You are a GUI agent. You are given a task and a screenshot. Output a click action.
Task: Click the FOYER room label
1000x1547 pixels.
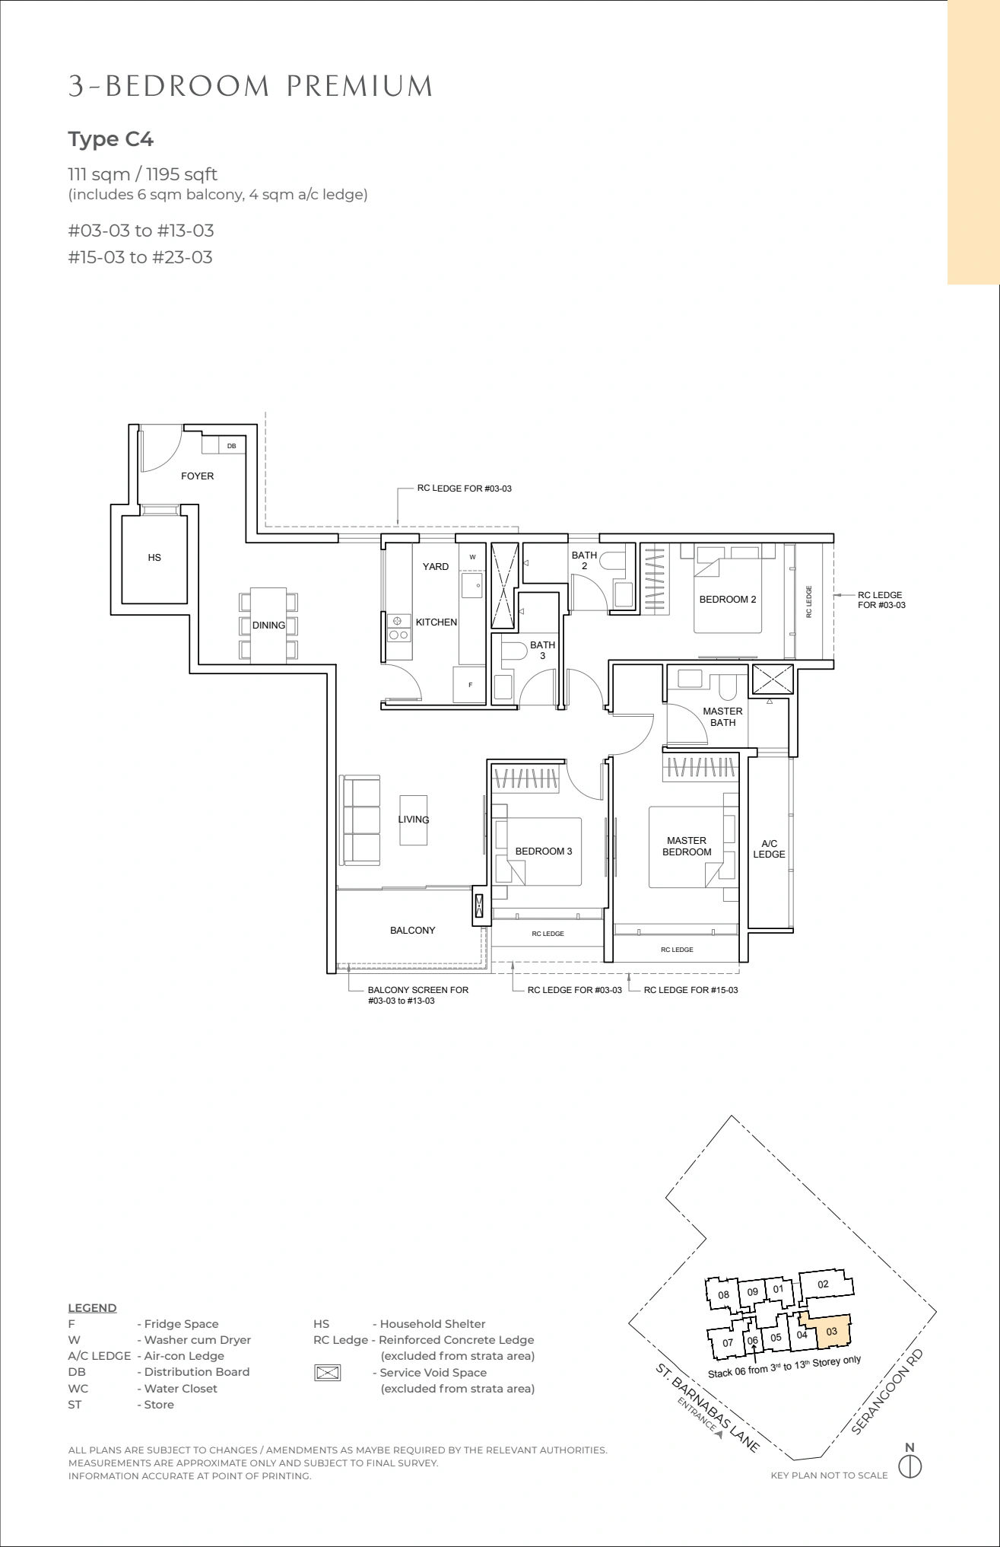[197, 476]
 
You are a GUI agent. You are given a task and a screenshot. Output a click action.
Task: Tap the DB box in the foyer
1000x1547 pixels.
[232, 446]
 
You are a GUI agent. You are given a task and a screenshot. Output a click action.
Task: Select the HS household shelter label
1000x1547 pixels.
[154, 558]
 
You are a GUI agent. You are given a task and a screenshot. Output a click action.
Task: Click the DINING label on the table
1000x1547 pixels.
[268, 625]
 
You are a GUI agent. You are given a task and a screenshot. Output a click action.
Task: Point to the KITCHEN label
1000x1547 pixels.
[437, 622]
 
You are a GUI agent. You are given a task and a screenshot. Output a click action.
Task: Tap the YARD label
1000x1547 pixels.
[436, 567]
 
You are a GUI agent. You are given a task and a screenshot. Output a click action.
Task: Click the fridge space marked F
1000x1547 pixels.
[470, 685]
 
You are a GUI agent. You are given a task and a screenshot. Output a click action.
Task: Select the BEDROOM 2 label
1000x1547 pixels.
[728, 600]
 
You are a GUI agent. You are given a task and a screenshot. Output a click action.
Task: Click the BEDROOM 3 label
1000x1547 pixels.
[544, 851]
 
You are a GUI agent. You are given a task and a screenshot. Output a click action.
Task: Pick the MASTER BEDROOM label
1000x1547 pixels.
[687, 846]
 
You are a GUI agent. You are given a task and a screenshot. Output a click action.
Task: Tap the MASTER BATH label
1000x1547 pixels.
[722, 717]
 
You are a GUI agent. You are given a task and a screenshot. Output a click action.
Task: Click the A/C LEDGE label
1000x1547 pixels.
[770, 848]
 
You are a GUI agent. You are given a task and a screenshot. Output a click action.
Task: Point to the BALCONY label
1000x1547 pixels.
[413, 931]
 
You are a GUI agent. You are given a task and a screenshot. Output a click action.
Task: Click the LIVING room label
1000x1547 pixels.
[414, 820]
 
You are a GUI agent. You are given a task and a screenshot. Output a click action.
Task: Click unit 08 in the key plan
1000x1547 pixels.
[724, 1294]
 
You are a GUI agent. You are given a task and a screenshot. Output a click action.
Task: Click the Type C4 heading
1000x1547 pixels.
[111, 139]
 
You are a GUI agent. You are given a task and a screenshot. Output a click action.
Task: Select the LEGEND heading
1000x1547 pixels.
[92, 1308]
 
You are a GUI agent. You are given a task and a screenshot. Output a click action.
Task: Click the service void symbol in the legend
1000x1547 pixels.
[327, 1373]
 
